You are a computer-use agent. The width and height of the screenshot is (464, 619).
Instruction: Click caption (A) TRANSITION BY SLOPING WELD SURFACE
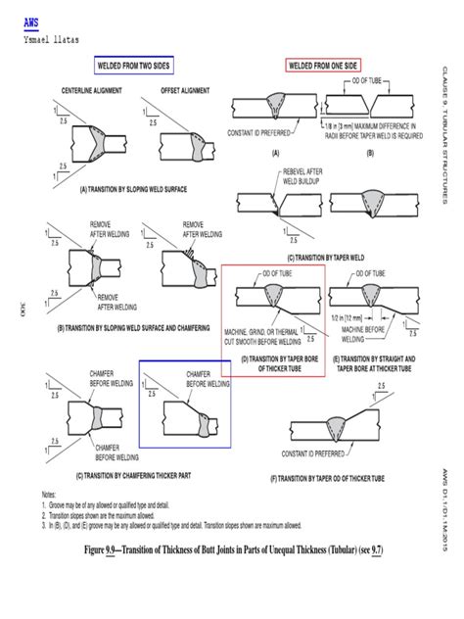pos(119,187)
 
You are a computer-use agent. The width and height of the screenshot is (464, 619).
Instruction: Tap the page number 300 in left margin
pos(22,311)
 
